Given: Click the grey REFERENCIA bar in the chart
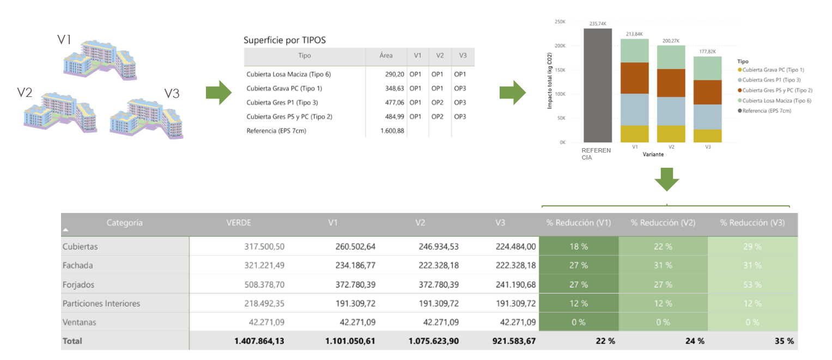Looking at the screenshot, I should tap(597, 85).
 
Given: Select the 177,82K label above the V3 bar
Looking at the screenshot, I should tap(707, 52).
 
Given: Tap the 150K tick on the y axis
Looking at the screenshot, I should tap(560, 70).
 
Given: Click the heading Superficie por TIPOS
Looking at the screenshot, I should tap(284, 40).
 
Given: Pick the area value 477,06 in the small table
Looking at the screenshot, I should tap(392, 102).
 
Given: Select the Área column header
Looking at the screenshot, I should tap(386, 56).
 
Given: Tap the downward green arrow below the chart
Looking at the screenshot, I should tap(666, 180).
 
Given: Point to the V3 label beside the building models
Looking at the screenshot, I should tap(172, 94).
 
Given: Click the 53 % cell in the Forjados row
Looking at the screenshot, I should tap(752, 284).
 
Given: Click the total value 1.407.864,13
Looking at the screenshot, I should tap(259, 341).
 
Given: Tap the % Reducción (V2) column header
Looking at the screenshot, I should tap(663, 223).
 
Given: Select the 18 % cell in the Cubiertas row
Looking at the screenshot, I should tap(578, 246).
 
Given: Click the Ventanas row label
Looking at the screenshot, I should tap(79, 322).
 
